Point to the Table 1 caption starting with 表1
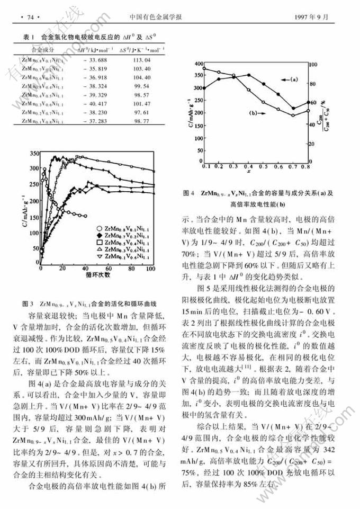click(x=91, y=38)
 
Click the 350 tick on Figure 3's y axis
click(x=34, y=153)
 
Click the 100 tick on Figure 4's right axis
click(x=313, y=65)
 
